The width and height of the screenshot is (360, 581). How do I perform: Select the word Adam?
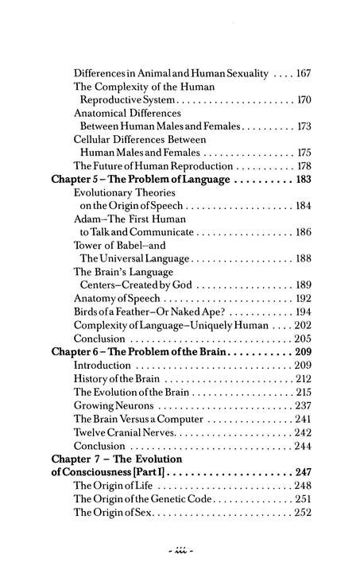coord(88,218)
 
